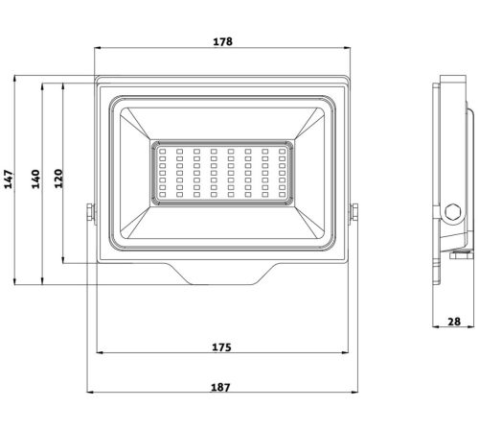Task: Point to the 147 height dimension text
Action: tap(10, 180)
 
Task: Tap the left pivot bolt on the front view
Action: tap(91, 214)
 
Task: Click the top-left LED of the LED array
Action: tap(162, 151)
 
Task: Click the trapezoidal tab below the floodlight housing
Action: tap(221, 274)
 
